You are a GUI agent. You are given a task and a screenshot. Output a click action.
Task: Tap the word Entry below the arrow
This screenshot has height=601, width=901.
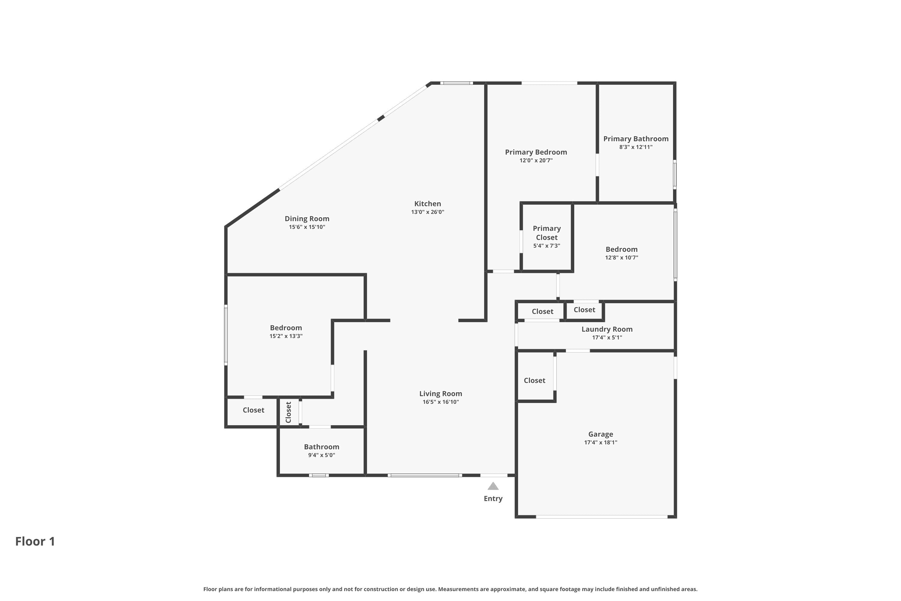(x=493, y=499)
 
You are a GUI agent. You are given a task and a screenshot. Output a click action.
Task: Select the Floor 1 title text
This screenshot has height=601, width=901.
(x=35, y=541)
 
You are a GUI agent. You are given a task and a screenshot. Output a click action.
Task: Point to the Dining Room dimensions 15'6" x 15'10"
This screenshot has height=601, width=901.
(x=307, y=227)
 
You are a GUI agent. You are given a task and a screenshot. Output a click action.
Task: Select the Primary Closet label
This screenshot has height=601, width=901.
(x=547, y=233)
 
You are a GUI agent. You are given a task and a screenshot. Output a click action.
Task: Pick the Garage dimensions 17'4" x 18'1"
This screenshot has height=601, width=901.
(x=601, y=442)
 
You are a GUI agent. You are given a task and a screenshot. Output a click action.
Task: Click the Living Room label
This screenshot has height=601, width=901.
(x=441, y=394)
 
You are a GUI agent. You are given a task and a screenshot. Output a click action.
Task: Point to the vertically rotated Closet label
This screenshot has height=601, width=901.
(x=288, y=412)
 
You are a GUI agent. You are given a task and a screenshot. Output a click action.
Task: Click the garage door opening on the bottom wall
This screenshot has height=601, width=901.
(x=602, y=517)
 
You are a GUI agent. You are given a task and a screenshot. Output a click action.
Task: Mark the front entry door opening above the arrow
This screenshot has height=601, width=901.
(x=494, y=475)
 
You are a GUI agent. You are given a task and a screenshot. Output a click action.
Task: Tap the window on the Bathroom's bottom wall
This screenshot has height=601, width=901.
(x=319, y=475)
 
